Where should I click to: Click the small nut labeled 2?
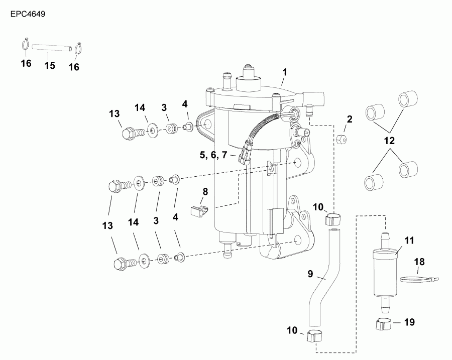pyautogui.click(x=341, y=138)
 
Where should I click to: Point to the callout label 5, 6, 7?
pyautogui.click(x=213, y=155)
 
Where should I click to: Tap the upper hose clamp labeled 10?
pyautogui.click(x=333, y=219)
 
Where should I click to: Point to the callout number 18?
pyautogui.click(x=419, y=262)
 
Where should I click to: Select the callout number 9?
pyautogui.click(x=310, y=274)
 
